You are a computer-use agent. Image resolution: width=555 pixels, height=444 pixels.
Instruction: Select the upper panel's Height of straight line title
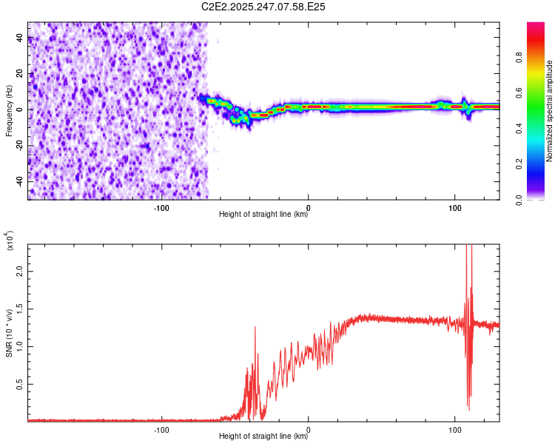[x=263, y=215]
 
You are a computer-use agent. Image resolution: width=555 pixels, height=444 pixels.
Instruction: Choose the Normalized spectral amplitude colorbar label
[x=550, y=112]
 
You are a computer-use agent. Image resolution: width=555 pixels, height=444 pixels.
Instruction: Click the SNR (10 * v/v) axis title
[x=10, y=330]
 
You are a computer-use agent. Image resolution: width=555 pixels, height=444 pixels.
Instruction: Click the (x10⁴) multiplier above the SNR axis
[x=10, y=241]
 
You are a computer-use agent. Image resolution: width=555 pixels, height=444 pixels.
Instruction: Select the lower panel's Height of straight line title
[x=263, y=436]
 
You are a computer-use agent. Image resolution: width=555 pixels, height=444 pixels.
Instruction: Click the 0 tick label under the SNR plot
[x=308, y=429]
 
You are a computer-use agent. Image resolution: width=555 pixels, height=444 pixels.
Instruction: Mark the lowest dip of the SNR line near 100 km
[x=468, y=409]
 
